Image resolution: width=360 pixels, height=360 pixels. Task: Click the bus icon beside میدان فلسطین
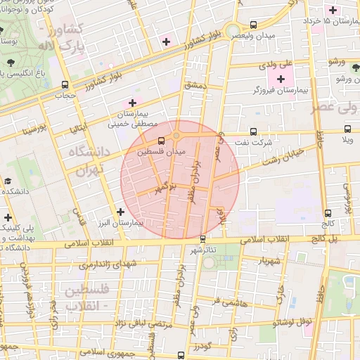click(162, 141)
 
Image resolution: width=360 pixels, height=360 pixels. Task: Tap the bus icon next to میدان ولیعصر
click(253, 25)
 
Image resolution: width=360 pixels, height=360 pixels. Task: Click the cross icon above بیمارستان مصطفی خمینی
click(132, 103)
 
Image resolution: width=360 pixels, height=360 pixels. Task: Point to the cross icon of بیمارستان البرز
click(120, 211)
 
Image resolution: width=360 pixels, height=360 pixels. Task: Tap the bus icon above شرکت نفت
click(254, 131)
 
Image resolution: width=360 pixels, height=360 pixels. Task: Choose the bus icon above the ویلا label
click(347, 129)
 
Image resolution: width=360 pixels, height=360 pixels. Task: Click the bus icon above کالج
click(328, 213)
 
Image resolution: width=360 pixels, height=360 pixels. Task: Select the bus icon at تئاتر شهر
click(203, 239)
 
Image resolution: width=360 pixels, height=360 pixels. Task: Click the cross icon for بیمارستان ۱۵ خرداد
click(333, 10)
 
